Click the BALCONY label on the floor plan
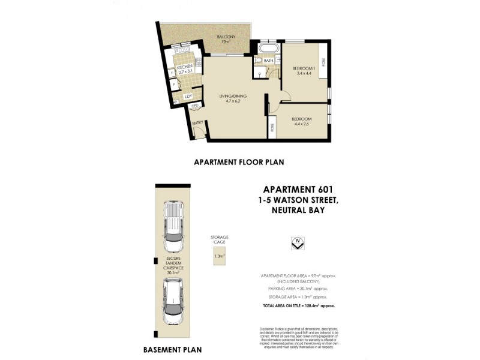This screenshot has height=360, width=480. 227,38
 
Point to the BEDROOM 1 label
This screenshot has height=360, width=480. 304,68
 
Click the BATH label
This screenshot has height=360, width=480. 268,61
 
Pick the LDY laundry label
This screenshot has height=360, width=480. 188,96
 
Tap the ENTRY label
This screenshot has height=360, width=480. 197,124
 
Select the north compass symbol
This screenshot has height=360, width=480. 295,242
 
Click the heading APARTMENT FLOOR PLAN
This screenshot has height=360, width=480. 238,162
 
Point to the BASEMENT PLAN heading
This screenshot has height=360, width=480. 172,349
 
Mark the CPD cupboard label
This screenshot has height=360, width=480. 195,106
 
